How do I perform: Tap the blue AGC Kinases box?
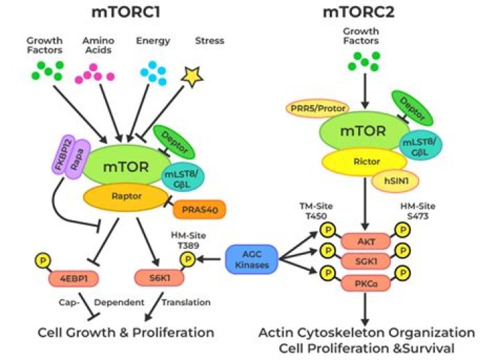click(x=250, y=260)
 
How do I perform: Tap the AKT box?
click(x=363, y=241)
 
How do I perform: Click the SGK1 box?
click(x=363, y=262)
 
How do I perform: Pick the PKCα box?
click(x=363, y=283)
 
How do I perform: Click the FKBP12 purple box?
click(x=59, y=161)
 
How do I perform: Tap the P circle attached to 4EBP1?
click(x=42, y=261)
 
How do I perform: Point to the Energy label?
click(x=153, y=41)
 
